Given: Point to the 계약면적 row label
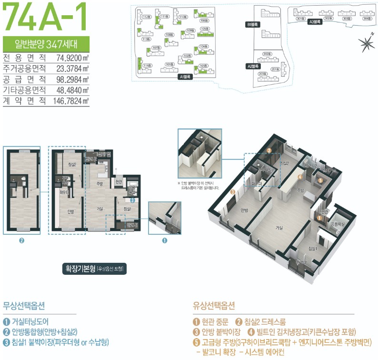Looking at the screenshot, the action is [24, 100].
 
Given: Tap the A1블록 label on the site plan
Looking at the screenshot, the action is [184, 76].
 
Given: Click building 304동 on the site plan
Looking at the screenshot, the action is [366, 19].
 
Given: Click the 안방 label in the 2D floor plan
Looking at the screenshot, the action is [70, 212].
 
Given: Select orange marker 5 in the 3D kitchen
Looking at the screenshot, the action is [320, 180].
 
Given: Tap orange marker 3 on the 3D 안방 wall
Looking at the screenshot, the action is [233, 192].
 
